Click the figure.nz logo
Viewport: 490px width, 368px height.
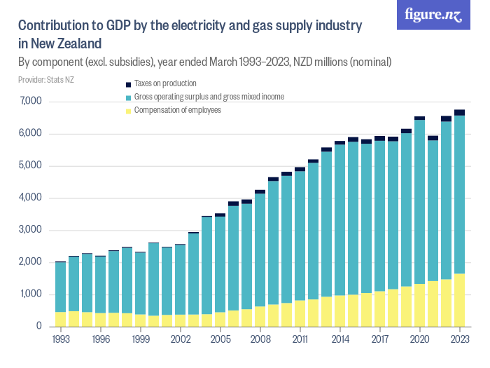point(433,15)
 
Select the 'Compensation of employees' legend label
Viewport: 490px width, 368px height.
point(178,110)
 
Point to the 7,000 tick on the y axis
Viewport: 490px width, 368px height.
point(32,102)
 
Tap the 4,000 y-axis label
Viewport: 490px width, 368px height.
point(32,198)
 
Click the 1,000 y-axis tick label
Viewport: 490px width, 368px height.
point(32,294)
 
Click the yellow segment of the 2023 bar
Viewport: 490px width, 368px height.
point(459,300)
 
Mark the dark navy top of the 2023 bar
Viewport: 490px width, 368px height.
point(459,113)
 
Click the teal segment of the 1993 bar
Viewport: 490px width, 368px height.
point(60,287)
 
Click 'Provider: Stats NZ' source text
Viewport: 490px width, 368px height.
point(46,80)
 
